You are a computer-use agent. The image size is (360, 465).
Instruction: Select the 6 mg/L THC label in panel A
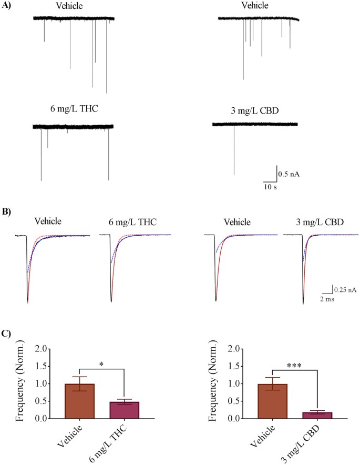coord(71,109)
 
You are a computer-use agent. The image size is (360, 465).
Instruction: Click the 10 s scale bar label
coord(271,187)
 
